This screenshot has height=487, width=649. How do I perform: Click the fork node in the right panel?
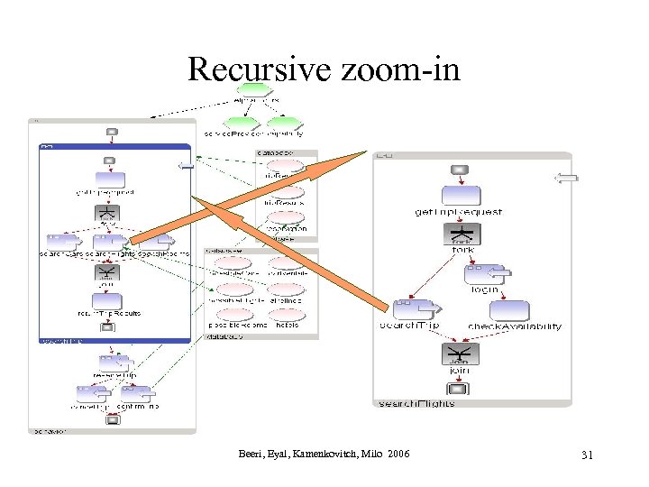[x=462, y=234]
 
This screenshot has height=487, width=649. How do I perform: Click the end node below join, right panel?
[x=459, y=389]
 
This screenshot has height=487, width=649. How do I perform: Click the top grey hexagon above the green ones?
[x=255, y=90]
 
